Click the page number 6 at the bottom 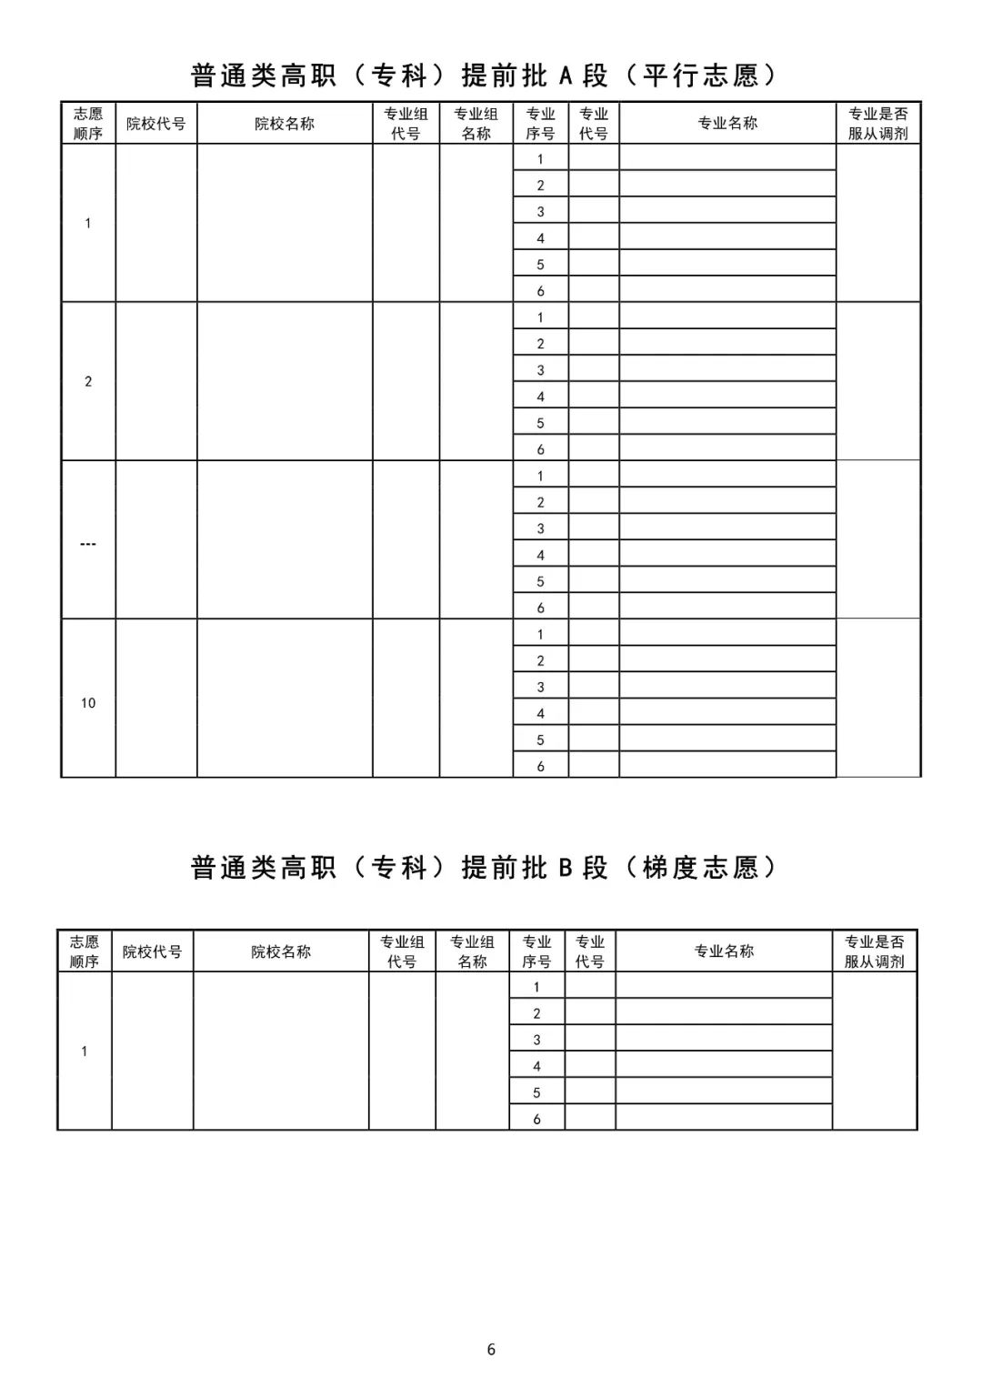491,1349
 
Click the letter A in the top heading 566,75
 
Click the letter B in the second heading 566,868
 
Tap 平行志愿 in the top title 700,75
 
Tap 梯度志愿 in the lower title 700,868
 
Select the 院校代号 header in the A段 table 155,124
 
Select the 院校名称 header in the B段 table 281,951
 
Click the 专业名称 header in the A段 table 727,124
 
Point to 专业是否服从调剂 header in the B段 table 875,951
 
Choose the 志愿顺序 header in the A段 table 88,124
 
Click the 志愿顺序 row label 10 88,703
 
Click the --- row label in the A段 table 88,544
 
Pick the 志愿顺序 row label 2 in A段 88,382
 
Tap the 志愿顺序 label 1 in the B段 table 85,1052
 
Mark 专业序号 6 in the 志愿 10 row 540,767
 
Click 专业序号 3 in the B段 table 536,1040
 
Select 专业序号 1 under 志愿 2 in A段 540,317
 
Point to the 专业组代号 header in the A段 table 406,124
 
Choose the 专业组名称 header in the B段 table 473,951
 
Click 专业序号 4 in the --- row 540,555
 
